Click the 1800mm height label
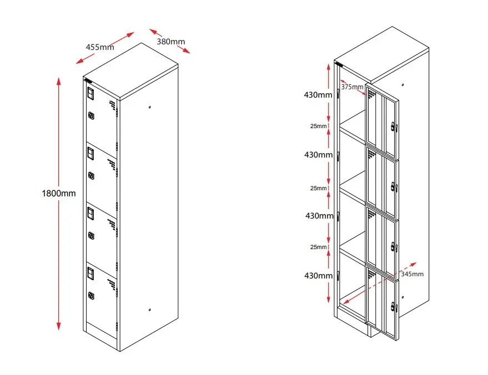58,194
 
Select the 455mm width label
100,47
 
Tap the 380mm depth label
170,41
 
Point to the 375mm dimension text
352,87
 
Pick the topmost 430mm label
318,95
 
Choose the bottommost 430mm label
318,275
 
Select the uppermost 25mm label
318,126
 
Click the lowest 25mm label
318,247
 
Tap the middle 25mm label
318,188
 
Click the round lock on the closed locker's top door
91,116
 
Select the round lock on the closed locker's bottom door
91,295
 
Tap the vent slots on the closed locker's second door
112,165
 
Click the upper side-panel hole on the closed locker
150,107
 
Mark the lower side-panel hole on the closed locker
150,310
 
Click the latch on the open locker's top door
394,127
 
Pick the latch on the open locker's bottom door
394,306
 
